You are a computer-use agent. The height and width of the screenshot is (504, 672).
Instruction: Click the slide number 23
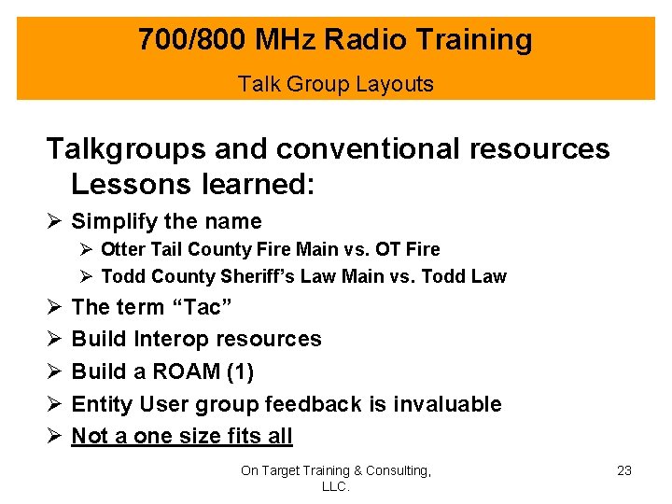(624, 470)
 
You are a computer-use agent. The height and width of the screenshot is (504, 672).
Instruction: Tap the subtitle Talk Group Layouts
(336, 84)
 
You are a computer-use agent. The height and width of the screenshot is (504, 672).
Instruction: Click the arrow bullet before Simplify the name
(54, 222)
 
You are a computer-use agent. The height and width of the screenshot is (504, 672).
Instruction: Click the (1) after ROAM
(240, 371)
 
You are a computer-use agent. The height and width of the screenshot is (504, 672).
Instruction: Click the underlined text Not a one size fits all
(182, 436)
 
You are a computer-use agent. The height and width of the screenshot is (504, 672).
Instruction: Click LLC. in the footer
(335, 487)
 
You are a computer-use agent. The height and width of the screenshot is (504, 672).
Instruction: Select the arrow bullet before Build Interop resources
(54, 340)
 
